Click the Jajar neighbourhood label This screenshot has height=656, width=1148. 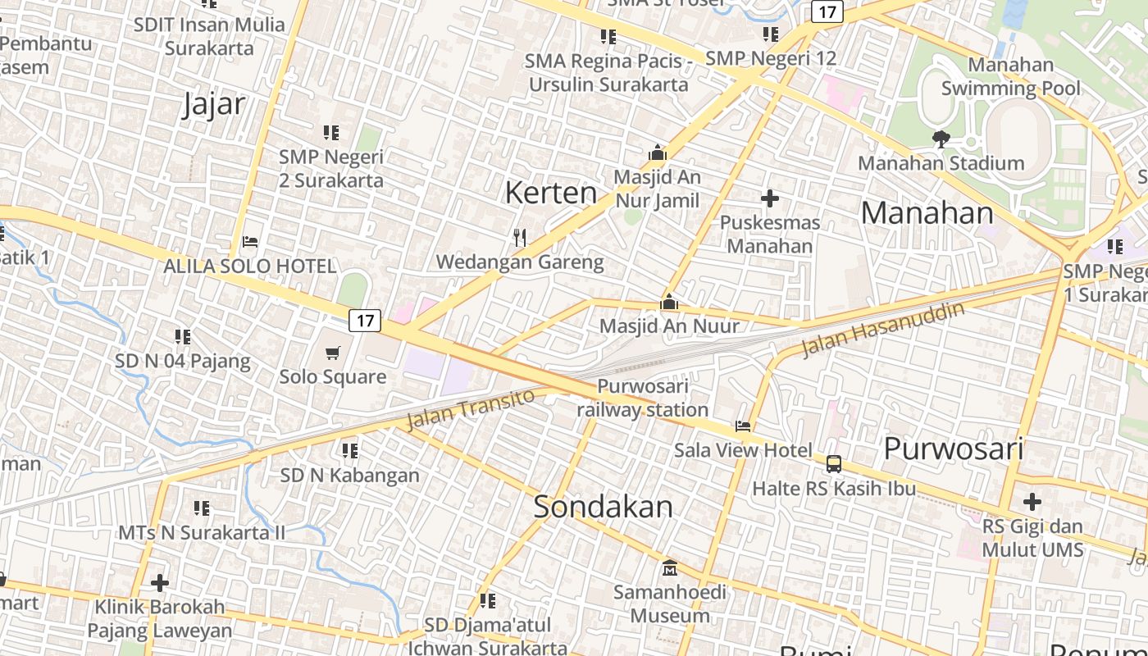pyautogui.click(x=214, y=104)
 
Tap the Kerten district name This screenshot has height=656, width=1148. pyautogui.click(x=551, y=193)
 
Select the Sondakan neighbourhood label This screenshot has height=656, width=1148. pyautogui.click(x=603, y=506)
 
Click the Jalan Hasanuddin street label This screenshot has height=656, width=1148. pyautogui.click(x=882, y=330)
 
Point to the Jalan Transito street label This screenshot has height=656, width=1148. pyautogui.click(x=471, y=408)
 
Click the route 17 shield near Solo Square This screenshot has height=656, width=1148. pyautogui.click(x=365, y=321)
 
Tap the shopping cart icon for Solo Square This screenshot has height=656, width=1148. pyautogui.click(x=332, y=353)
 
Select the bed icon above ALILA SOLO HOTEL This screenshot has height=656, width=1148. pyautogui.click(x=250, y=242)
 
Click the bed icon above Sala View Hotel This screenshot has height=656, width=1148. pyautogui.click(x=743, y=426)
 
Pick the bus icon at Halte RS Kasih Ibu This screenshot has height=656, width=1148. pyautogui.click(x=834, y=464)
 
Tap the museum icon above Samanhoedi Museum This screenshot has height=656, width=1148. pyautogui.click(x=670, y=567)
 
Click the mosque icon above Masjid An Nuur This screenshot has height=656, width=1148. pyautogui.click(x=669, y=302)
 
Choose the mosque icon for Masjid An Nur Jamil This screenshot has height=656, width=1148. pyautogui.click(x=657, y=153)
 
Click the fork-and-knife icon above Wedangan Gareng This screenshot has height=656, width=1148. pyautogui.click(x=519, y=238)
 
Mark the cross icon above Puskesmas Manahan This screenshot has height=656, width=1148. pyautogui.click(x=769, y=198)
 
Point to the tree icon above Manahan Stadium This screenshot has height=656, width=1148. pyautogui.click(x=941, y=139)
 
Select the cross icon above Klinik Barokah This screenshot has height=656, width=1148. pyautogui.click(x=160, y=583)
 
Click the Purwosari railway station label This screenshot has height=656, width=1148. pyautogui.click(x=642, y=398)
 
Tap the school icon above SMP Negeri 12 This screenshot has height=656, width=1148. pyautogui.click(x=770, y=34)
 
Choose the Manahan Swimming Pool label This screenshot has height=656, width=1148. pyautogui.click(x=1011, y=76)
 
